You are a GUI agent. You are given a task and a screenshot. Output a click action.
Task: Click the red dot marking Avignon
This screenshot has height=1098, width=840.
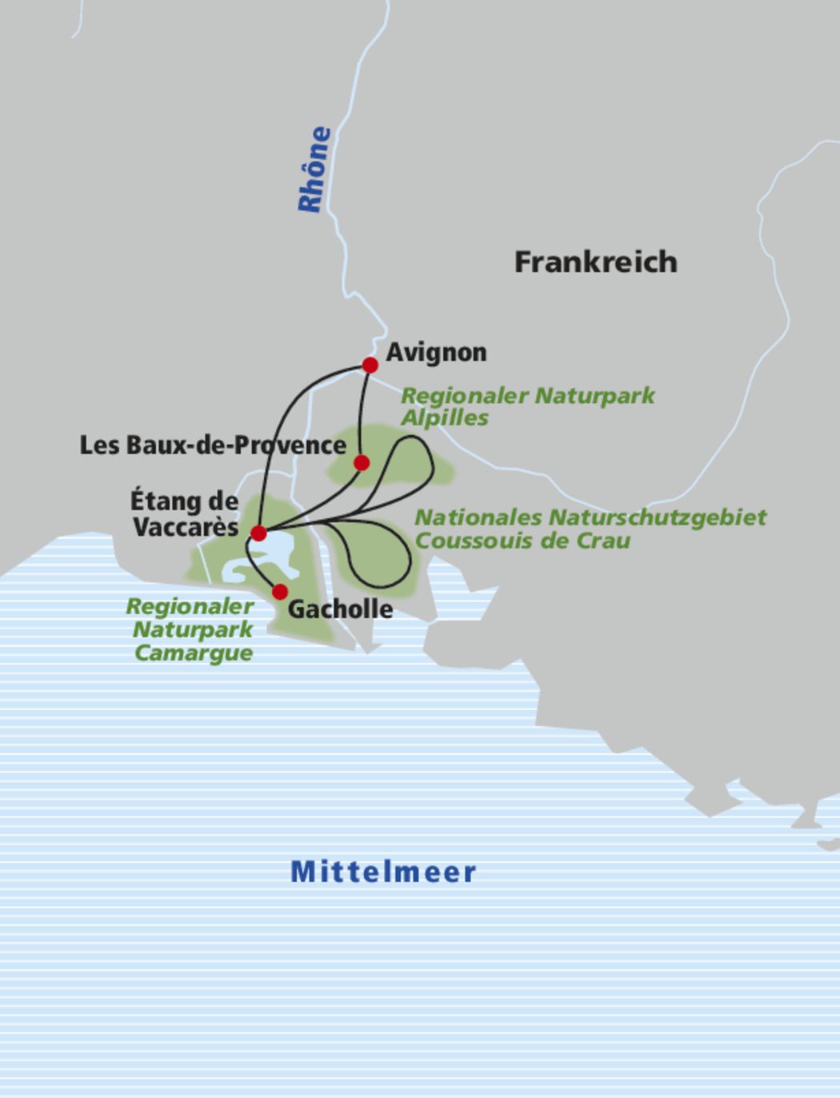pyautogui.click(x=370, y=365)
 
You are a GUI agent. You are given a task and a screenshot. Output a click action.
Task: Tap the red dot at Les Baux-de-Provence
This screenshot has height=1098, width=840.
pyautogui.click(x=362, y=462)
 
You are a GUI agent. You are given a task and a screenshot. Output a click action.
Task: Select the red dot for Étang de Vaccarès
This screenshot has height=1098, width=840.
pyautogui.click(x=258, y=533)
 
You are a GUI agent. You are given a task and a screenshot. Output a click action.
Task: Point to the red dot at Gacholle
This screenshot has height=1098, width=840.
pyautogui.click(x=280, y=592)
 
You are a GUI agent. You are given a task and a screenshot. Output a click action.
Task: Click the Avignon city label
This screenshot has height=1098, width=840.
pyautogui.click(x=436, y=353)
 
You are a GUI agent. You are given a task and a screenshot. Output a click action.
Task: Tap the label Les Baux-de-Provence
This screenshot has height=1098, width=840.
pyautogui.click(x=212, y=445)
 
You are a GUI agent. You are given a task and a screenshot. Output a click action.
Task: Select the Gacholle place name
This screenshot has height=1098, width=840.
pyautogui.click(x=340, y=609)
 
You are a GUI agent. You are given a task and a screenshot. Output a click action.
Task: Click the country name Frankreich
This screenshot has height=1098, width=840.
pyautogui.click(x=595, y=262)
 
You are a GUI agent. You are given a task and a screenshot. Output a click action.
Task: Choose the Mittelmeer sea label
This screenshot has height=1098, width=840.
pyautogui.click(x=383, y=872)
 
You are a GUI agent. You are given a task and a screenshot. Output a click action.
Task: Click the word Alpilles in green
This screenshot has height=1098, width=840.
pyautogui.click(x=444, y=417)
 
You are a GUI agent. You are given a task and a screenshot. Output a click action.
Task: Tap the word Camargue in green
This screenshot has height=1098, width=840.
pyautogui.click(x=193, y=653)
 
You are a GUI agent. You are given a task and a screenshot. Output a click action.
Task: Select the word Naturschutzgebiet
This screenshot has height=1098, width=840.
pyautogui.click(x=655, y=517)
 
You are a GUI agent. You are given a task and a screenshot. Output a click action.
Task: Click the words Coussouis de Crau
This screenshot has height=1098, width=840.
pyautogui.click(x=522, y=541)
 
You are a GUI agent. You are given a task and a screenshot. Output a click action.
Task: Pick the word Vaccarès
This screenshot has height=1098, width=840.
pyautogui.click(x=185, y=527)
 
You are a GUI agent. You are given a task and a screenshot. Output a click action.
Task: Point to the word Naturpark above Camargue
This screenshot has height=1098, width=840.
pyautogui.click(x=193, y=629)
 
